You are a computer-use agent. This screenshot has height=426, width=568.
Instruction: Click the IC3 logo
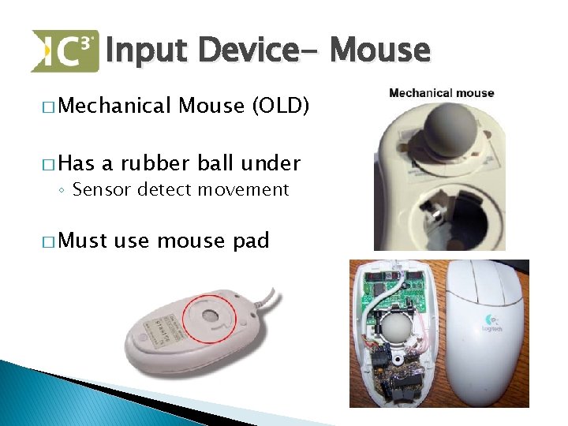pyautogui.click(x=65, y=50)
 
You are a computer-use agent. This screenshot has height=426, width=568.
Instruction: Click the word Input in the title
pyautogui.click(x=148, y=51)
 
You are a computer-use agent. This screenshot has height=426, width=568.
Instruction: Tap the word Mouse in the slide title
pyautogui.click(x=380, y=51)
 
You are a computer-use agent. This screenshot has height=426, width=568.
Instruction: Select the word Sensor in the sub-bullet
pyautogui.click(x=100, y=189)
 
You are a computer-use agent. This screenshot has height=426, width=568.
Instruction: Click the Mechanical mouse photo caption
pyautogui.click(x=441, y=93)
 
